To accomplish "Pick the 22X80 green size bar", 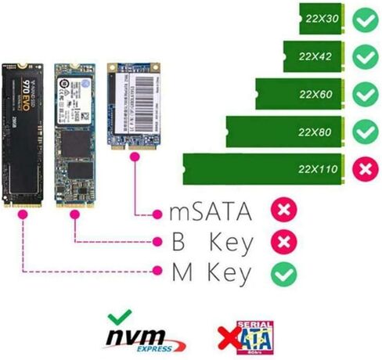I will [x=286, y=130].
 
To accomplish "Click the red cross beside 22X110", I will [x=365, y=169].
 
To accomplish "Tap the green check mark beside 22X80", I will [x=365, y=131].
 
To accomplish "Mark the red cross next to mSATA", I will [x=283, y=211].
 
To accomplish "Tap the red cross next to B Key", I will [x=283, y=242].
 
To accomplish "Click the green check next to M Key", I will [x=283, y=272].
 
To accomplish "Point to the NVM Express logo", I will [x=146, y=337].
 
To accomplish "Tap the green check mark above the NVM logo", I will [x=120, y=317].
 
